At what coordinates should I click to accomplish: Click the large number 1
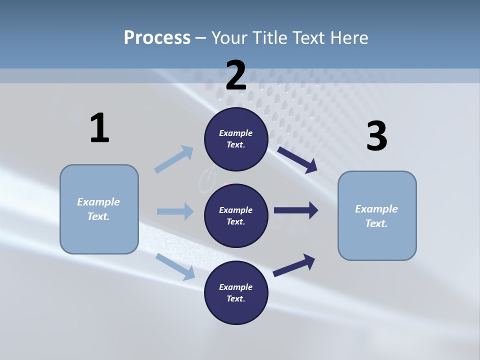pos(99,128)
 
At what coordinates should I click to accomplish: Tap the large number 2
pos(236,75)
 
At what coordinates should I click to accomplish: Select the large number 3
pos(376,136)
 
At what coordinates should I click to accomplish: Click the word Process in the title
pos(157,38)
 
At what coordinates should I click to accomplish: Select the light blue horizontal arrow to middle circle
pos(175,211)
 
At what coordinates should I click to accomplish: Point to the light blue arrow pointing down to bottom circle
pos(175,266)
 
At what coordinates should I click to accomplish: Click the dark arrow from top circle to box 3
pos(297,160)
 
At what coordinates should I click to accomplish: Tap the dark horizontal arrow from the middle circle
pos(296,210)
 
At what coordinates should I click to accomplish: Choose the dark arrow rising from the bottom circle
pos(294,265)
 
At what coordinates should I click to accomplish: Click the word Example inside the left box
pos(98,202)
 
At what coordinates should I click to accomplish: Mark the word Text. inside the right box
pos(376,223)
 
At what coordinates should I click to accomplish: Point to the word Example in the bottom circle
pos(236,287)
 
